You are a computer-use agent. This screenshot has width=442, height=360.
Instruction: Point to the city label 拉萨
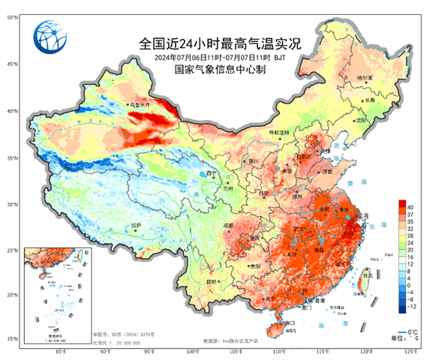click(x=136, y=224)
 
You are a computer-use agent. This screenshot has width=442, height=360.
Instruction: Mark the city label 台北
click(x=368, y=275)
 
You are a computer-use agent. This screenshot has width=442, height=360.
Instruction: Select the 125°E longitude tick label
click(x=411, y=350)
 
